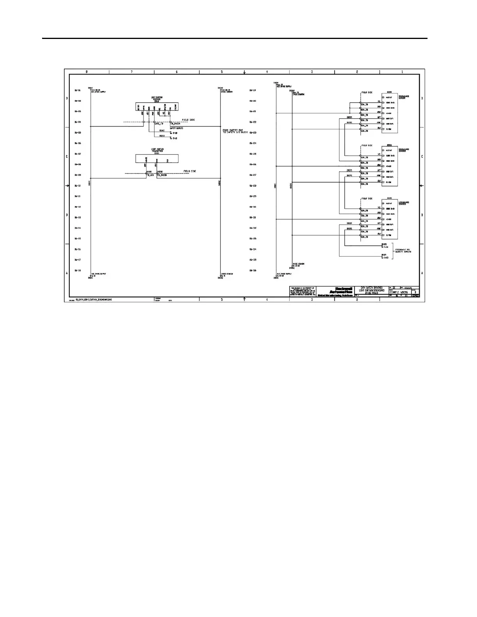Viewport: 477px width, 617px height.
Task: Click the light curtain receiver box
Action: pos(157,107)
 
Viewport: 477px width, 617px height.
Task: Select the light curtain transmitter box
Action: pos(157,159)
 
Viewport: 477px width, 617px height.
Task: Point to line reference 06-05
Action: pos(78,132)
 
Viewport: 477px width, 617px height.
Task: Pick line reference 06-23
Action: pos(253,132)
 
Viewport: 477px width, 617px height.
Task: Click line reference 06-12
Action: pos(78,207)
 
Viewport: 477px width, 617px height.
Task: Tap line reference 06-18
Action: pos(78,270)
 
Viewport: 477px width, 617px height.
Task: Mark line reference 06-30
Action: pos(253,207)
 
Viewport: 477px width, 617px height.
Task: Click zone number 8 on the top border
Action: pos(87,72)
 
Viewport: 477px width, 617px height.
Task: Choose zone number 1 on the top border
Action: pos(402,72)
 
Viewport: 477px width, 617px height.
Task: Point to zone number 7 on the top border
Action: pos(132,72)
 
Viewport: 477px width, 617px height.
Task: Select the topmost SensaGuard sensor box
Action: pos(389,113)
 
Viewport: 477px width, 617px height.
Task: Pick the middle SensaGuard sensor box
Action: pos(389,166)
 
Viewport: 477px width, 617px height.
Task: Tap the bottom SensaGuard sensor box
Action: pos(389,219)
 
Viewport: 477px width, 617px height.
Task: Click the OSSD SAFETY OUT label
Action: pos(235,131)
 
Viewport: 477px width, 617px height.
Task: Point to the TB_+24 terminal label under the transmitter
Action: pos(150,175)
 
